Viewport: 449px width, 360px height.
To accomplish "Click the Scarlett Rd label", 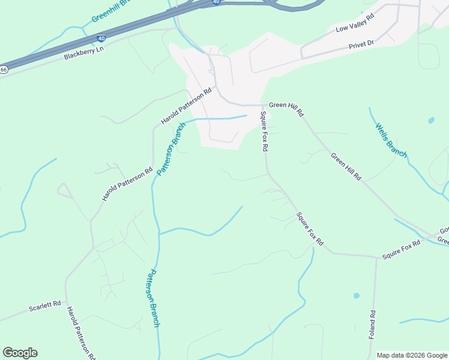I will point(45,307).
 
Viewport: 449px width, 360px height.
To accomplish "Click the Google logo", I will point(20,353).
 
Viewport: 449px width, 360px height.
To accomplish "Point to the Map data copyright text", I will point(412,355).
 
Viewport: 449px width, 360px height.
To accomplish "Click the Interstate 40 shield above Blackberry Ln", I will point(101,38).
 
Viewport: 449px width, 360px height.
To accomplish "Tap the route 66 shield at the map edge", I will point(3,70).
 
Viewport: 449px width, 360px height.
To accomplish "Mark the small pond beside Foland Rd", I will point(357,296).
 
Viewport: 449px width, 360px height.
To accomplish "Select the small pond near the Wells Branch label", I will point(431,120).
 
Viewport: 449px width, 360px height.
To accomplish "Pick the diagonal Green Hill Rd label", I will point(346,167).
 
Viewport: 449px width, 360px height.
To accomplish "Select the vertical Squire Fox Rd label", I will point(264,131).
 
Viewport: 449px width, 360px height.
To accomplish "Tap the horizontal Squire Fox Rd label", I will point(402,250).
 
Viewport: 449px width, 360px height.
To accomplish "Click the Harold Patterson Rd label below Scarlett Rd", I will point(80,334).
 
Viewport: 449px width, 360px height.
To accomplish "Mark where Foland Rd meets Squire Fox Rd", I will point(376,257).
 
